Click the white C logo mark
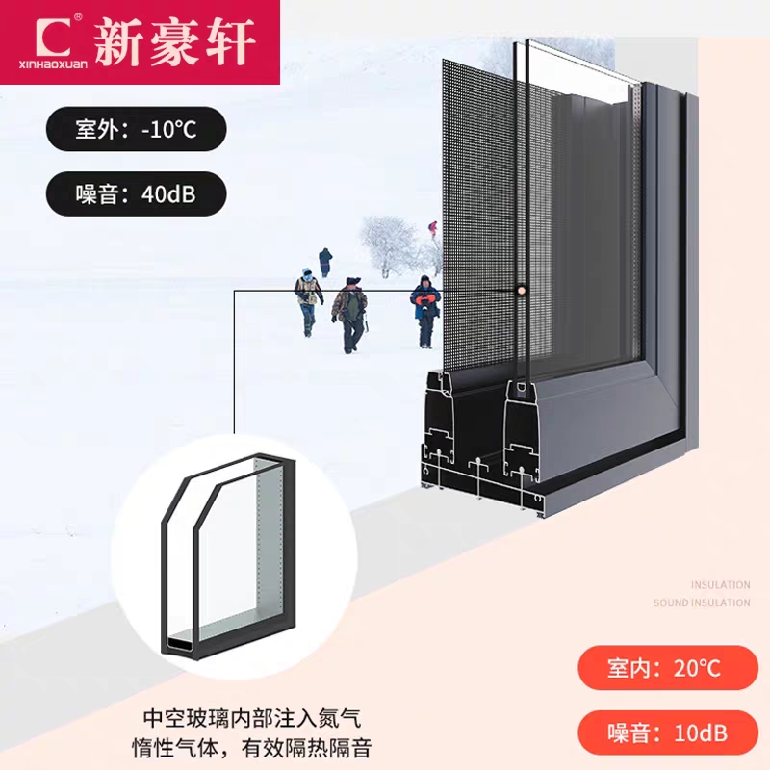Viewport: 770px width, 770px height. coord(55,35)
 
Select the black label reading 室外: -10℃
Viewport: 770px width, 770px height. coord(136,129)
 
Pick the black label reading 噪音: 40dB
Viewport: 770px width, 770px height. coord(136,193)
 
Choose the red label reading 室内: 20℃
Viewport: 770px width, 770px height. coord(663,667)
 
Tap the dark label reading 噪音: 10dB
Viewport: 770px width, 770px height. coord(663,732)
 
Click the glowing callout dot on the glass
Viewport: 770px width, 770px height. coord(521,289)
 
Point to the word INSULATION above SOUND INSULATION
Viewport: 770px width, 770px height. coord(720,584)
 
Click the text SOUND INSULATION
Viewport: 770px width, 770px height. coord(702,603)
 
